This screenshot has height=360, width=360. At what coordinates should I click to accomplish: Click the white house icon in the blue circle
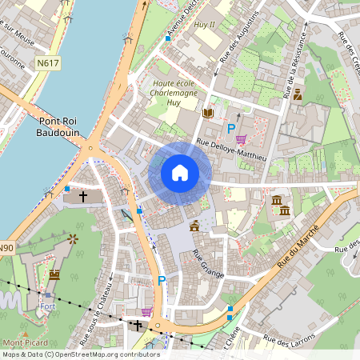[180, 172]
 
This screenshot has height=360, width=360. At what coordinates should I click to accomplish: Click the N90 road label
[6, 248]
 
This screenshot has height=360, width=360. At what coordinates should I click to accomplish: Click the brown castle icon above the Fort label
[54, 274]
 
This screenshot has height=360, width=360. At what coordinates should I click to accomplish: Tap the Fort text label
[46, 306]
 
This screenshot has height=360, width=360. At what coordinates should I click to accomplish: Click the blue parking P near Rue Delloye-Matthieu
[232, 129]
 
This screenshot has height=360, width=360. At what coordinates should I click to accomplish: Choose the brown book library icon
[208, 114]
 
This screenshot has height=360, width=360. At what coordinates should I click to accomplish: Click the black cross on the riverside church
[82, 195]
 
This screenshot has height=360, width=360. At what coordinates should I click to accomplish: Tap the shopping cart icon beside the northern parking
[240, 139]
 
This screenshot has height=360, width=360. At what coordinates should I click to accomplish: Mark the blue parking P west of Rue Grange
[162, 281]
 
